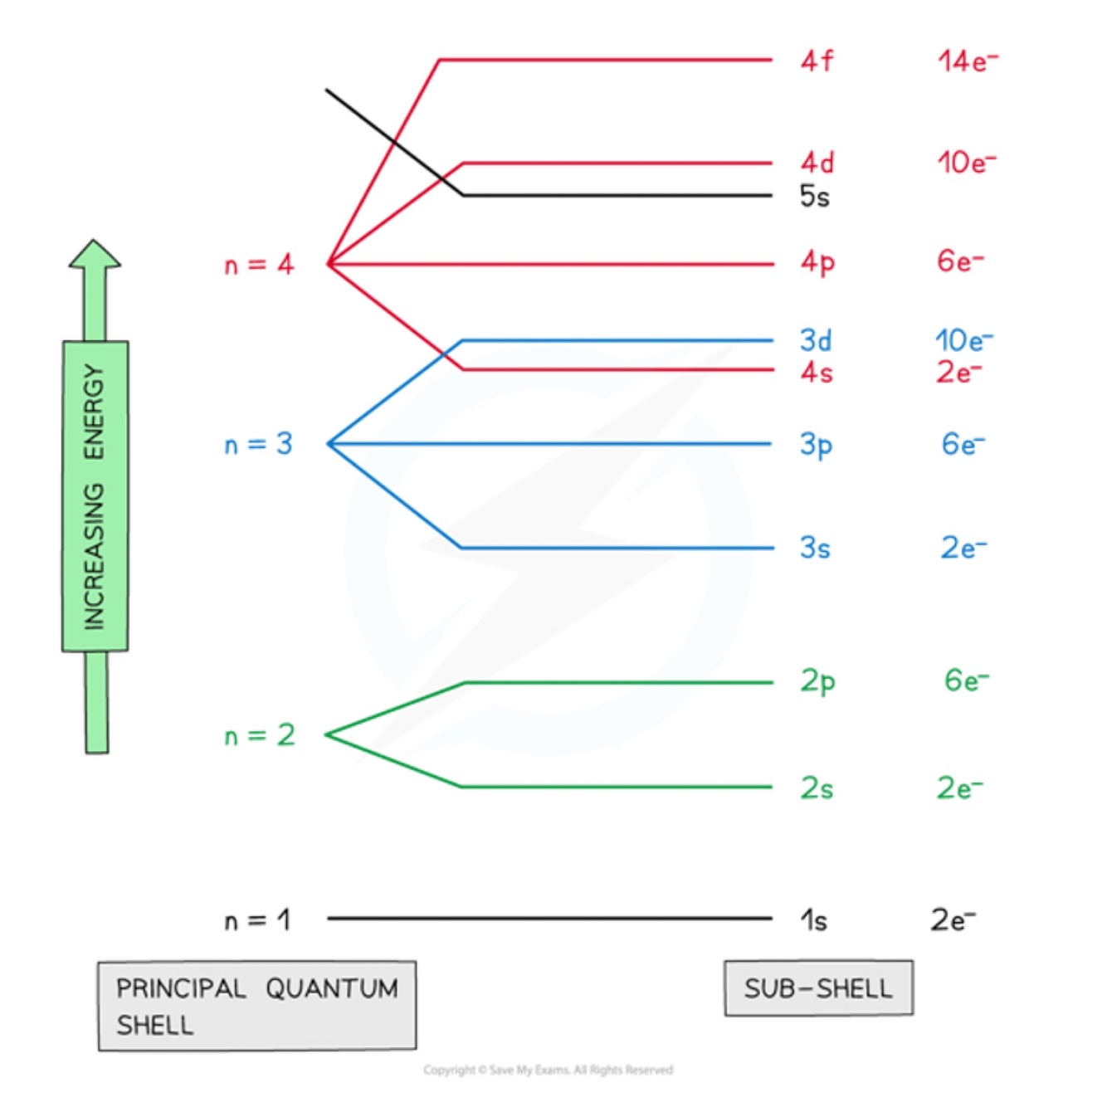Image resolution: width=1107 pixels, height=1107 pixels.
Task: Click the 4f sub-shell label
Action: coord(817,61)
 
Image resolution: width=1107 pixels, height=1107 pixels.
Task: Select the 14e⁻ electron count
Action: coord(968,61)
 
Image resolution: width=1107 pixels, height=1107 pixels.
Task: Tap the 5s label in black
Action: coord(814,197)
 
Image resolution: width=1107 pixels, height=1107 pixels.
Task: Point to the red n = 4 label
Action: coord(259,265)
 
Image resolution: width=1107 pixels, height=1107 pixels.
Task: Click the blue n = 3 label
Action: coord(259,445)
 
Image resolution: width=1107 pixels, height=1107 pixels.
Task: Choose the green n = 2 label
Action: coord(260,735)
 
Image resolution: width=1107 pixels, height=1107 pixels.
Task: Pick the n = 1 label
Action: coord(258,920)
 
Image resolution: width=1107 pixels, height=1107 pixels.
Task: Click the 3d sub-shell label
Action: coord(816,340)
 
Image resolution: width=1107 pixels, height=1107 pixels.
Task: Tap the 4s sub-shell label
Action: coord(817,373)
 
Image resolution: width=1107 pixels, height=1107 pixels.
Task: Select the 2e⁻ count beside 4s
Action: coord(959,373)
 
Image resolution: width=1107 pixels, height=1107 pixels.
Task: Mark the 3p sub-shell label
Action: coord(816,446)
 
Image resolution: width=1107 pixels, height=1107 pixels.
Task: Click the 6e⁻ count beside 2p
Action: coord(966,681)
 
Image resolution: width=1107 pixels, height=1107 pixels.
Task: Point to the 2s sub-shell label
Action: coord(817,788)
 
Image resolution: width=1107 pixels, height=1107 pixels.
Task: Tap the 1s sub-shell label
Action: coord(814,920)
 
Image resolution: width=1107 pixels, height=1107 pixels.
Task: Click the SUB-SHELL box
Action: coord(818,988)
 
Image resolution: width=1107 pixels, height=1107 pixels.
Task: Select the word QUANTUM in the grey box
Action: coord(332,988)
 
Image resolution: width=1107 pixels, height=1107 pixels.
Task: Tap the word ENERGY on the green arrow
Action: coord(95,412)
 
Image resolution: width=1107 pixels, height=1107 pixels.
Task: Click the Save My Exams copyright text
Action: coord(548,1070)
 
